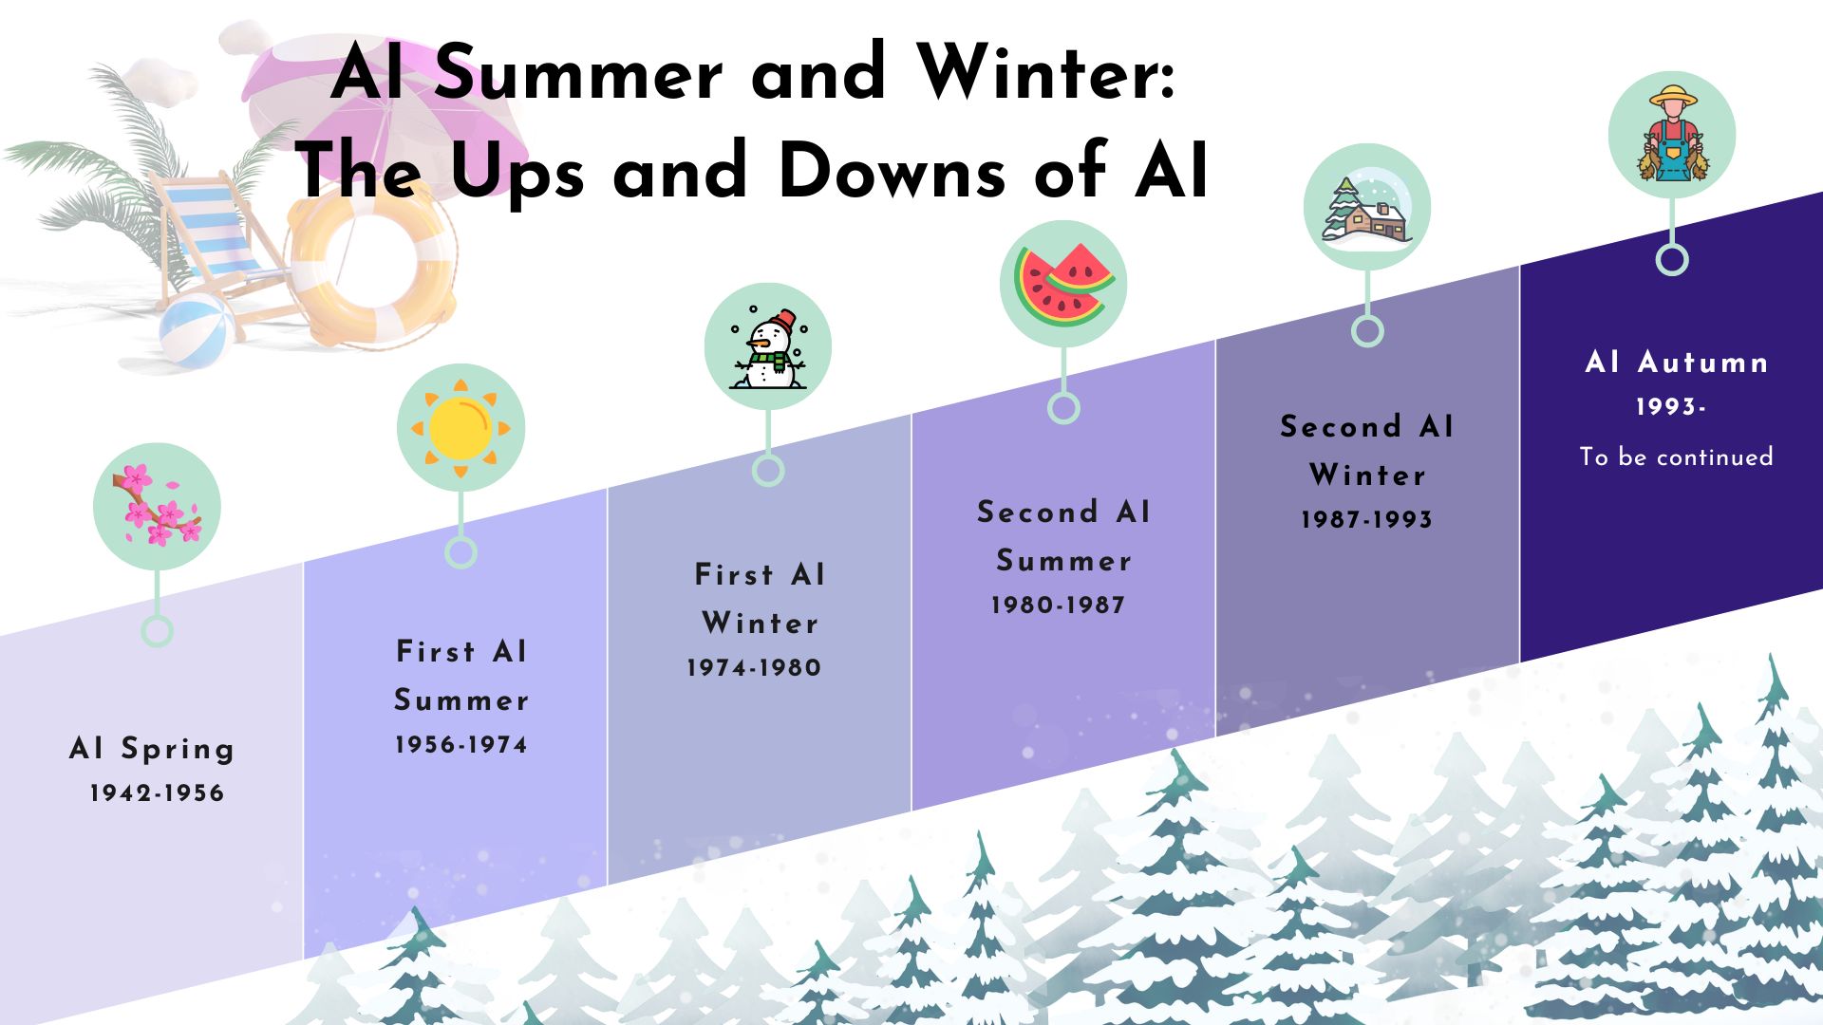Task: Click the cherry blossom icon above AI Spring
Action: click(157, 507)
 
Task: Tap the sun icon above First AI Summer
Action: click(460, 427)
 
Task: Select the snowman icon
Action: click(768, 347)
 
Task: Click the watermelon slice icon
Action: click(1063, 285)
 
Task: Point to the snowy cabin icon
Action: click(1367, 208)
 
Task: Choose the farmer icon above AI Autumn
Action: click(1672, 136)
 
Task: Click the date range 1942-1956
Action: click(157, 793)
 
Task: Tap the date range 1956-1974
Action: click(460, 745)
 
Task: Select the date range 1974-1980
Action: click(754, 668)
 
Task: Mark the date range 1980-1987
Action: click(1058, 606)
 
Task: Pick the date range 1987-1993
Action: click(1366, 520)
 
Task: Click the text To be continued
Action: click(1676, 457)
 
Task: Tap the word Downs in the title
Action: click(891, 173)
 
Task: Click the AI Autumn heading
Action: click(1677, 363)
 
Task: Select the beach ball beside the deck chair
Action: click(197, 329)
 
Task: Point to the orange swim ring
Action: click(370, 266)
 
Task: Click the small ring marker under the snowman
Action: click(768, 471)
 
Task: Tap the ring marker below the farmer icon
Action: click(1672, 259)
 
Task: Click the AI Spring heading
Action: click(152, 749)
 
